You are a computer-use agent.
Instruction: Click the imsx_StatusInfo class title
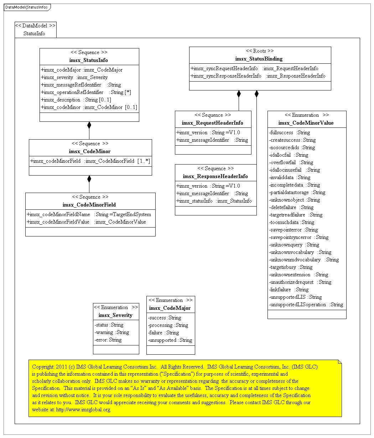89,60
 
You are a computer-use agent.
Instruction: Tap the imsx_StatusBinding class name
260,59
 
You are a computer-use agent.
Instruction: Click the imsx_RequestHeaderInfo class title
213,123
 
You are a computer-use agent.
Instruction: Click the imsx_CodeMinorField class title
89,205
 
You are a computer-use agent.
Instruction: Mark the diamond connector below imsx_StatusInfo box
89,125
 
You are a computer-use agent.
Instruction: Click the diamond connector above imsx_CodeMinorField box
89,178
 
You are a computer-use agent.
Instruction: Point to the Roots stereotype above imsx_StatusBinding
260,51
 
